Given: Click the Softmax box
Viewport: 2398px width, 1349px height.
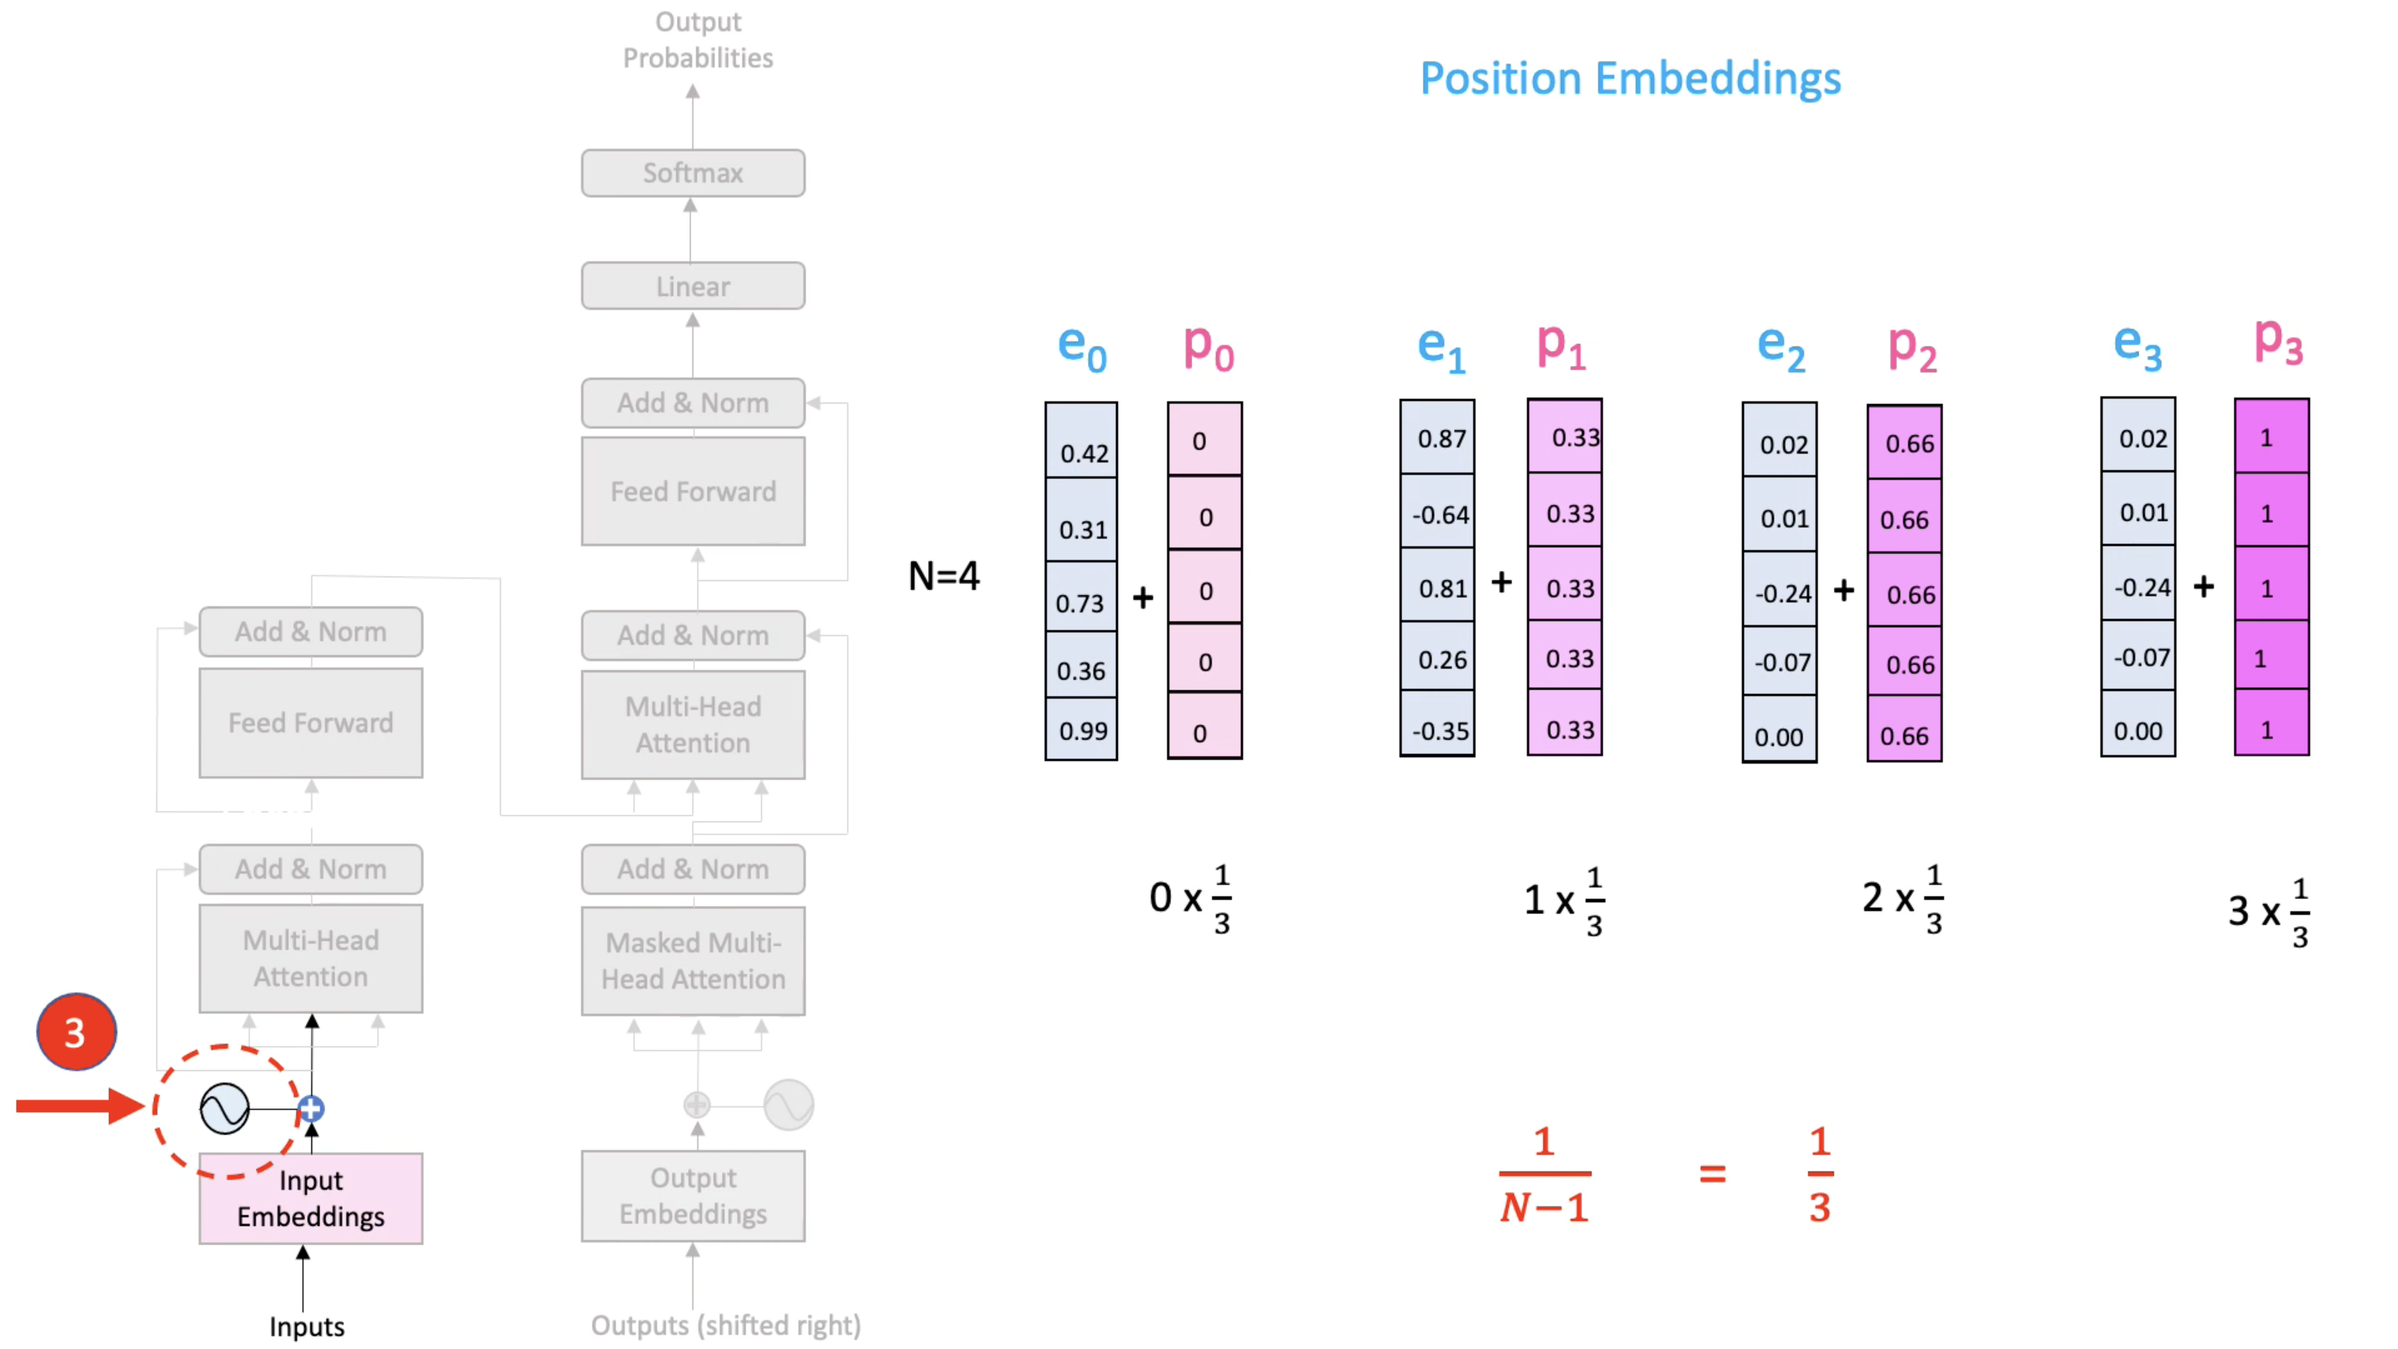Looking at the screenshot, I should [x=693, y=173].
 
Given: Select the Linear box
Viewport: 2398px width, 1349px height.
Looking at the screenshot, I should [x=693, y=286].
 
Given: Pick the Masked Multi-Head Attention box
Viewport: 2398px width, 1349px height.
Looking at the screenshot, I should [x=693, y=961].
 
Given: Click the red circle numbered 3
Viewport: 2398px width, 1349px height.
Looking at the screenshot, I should [x=76, y=1031].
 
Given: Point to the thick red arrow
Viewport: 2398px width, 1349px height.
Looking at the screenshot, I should [x=79, y=1106].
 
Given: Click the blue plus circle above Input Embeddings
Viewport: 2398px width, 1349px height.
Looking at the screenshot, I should [x=311, y=1109].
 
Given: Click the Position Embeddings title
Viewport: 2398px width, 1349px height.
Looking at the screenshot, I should [x=1630, y=78].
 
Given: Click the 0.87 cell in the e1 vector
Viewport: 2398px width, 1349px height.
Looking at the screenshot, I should [x=1438, y=437].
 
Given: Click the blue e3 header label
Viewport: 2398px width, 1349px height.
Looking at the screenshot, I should [x=2137, y=346].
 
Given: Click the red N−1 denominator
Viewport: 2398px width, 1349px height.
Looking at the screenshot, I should [x=1543, y=1208].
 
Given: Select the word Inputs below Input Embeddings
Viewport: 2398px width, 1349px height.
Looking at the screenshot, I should [x=306, y=1326].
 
